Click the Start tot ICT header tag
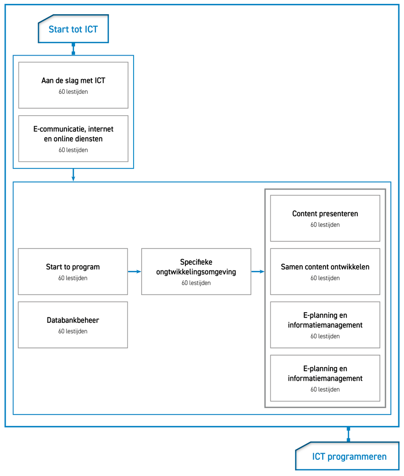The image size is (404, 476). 73,29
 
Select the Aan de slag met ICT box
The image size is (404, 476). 73,85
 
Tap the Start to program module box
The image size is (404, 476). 73,272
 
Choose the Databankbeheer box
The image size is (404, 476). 73,325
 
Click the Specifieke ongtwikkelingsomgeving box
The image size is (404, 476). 196,272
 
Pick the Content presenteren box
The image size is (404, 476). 325,218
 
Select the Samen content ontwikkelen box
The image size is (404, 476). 325,272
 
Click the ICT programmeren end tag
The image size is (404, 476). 347,456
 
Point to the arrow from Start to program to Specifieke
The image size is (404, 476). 135,272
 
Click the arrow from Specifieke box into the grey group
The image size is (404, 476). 258,272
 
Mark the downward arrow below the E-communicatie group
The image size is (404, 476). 73,175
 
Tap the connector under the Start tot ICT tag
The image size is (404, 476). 73,49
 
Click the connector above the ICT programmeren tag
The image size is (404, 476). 348,435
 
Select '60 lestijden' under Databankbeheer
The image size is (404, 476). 73,331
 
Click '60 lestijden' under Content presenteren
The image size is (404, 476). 325,225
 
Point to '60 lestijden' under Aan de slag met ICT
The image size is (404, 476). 73,92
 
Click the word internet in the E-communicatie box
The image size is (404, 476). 101,129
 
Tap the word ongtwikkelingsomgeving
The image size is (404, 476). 196,272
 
